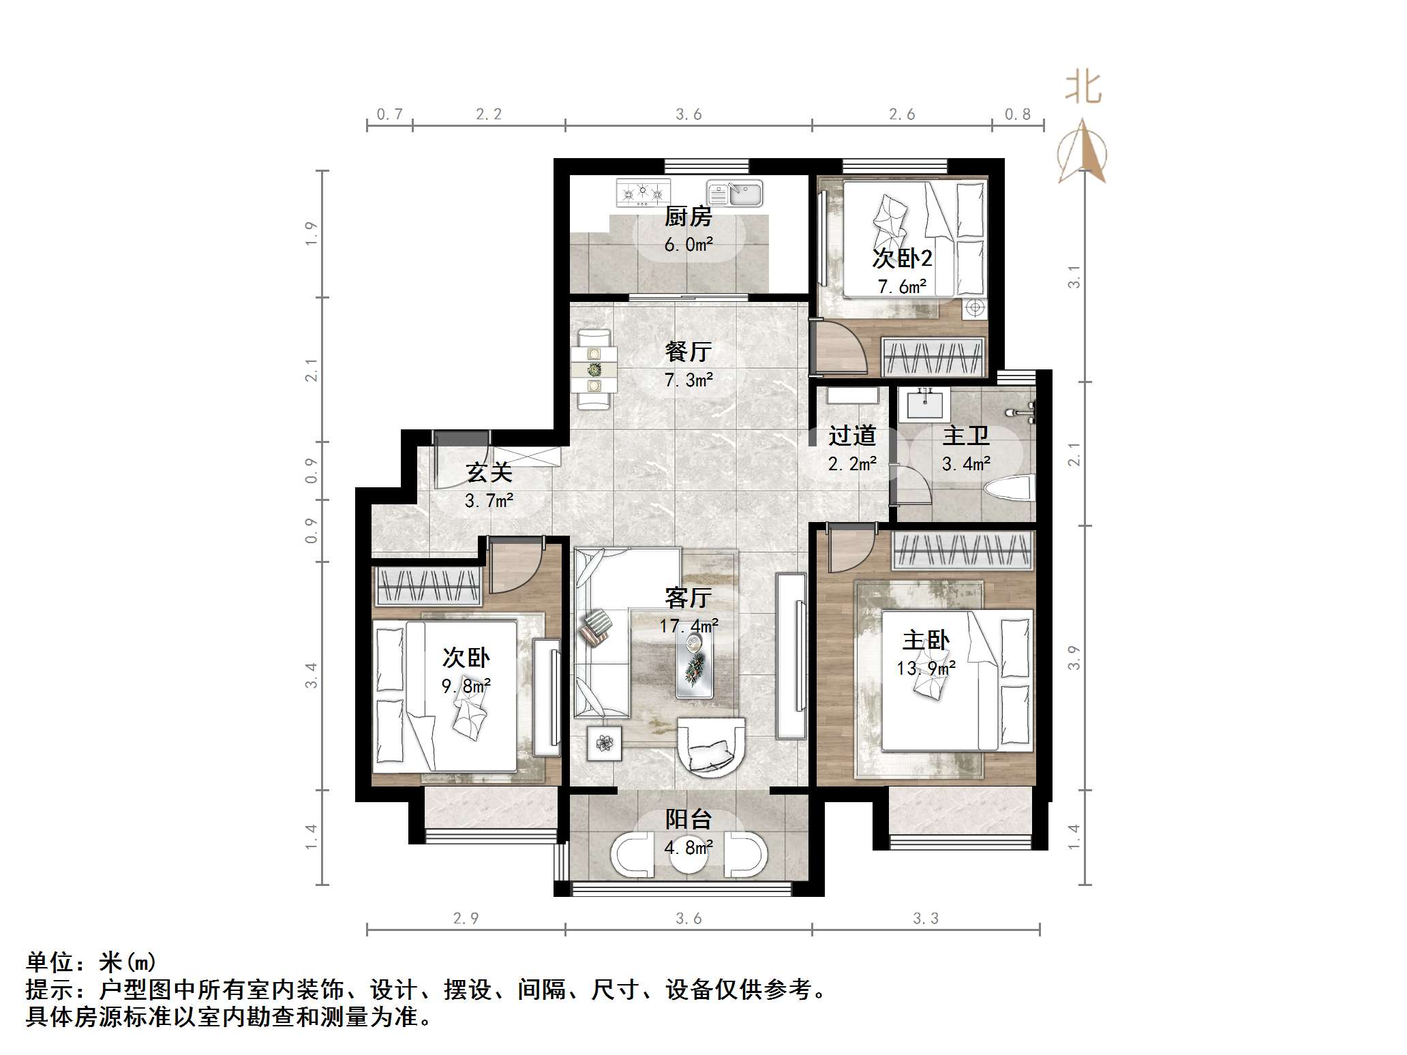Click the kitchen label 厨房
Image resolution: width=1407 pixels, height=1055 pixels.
pos(689,217)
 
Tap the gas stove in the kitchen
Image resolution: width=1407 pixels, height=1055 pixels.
pos(642,192)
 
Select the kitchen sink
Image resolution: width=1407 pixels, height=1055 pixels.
pos(735,193)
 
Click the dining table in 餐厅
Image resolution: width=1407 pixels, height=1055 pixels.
pos(594,369)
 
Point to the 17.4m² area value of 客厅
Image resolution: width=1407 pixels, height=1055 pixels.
pos(689,626)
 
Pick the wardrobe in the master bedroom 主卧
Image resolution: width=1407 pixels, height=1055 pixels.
pos(963,551)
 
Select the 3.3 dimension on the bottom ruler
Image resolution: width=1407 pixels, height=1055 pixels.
pos(925,918)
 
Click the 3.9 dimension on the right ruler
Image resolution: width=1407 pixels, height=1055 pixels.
pos(1074,658)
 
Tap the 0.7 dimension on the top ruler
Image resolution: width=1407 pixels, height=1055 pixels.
pos(389,114)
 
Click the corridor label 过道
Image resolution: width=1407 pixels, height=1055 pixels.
pos(852,435)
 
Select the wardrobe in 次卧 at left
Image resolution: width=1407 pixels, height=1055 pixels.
pos(427,585)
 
